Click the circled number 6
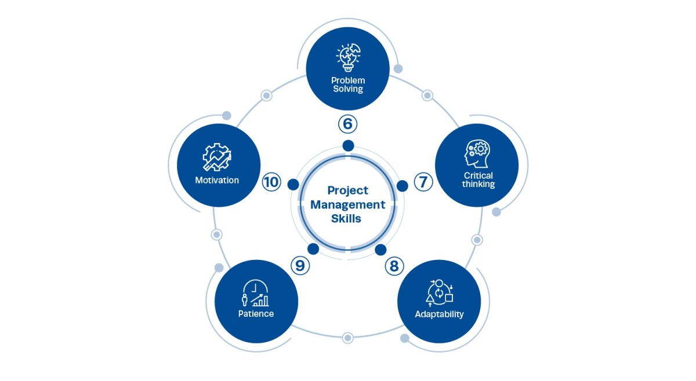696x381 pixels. coord(347,123)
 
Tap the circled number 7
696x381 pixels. coord(423,182)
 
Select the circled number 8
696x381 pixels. coord(394,266)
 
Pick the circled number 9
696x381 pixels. coord(300,265)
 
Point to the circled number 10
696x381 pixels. coord(271,182)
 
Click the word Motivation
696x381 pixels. coord(217,180)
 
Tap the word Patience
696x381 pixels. coord(256,314)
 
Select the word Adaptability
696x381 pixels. coord(439,314)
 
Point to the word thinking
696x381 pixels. coord(478,184)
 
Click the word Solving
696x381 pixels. coord(348,89)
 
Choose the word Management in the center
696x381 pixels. coord(348,204)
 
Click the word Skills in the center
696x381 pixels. coord(348,218)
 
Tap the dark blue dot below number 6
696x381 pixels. coord(348,145)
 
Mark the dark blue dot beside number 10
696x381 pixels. coord(293,185)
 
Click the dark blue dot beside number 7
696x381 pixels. coord(402,185)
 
